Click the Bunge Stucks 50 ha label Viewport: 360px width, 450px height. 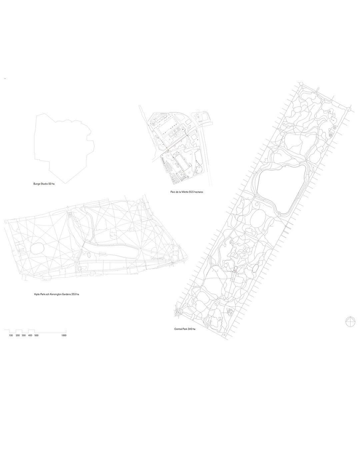click(x=44, y=184)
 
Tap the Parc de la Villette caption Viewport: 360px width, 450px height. click(x=186, y=192)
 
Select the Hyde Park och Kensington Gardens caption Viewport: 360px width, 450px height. click(x=56, y=294)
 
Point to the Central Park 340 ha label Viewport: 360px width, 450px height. click(x=184, y=329)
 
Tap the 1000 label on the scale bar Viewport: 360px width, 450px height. click(x=64, y=335)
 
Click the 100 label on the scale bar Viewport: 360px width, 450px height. click(x=11, y=335)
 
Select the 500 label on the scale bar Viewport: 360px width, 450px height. click(x=36, y=335)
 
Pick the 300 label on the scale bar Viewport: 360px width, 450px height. click(x=24, y=335)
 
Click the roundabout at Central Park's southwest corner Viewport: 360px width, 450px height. click(x=178, y=312)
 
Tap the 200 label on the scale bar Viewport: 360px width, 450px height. click(x=18, y=335)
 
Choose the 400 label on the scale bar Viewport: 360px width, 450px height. click(x=30, y=335)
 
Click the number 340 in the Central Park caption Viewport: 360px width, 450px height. click(x=189, y=329)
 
